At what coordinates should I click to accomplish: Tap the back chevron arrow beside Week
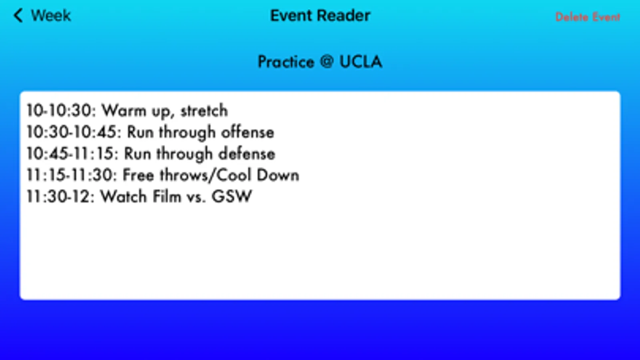(x=18, y=16)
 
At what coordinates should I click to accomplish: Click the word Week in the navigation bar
(x=51, y=16)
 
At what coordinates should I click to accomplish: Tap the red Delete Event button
(x=588, y=17)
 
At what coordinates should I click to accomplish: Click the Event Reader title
(x=320, y=16)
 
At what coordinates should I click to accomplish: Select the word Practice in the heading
(x=286, y=62)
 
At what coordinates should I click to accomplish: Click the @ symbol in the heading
(x=327, y=61)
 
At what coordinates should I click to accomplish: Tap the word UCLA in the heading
(x=361, y=61)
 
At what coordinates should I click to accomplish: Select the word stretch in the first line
(x=204, y=111)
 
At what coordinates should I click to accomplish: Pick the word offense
(x=248, y=132)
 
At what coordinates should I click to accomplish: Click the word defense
(x=247, y=154)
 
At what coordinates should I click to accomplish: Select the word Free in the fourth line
(x=138, y=175)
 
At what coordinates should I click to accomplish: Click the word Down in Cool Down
(x=278, y=175)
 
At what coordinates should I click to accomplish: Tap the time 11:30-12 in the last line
(x=60, y=197)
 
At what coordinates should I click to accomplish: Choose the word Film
(x=167, y=196)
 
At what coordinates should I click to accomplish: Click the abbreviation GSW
(x=232, y=196)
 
